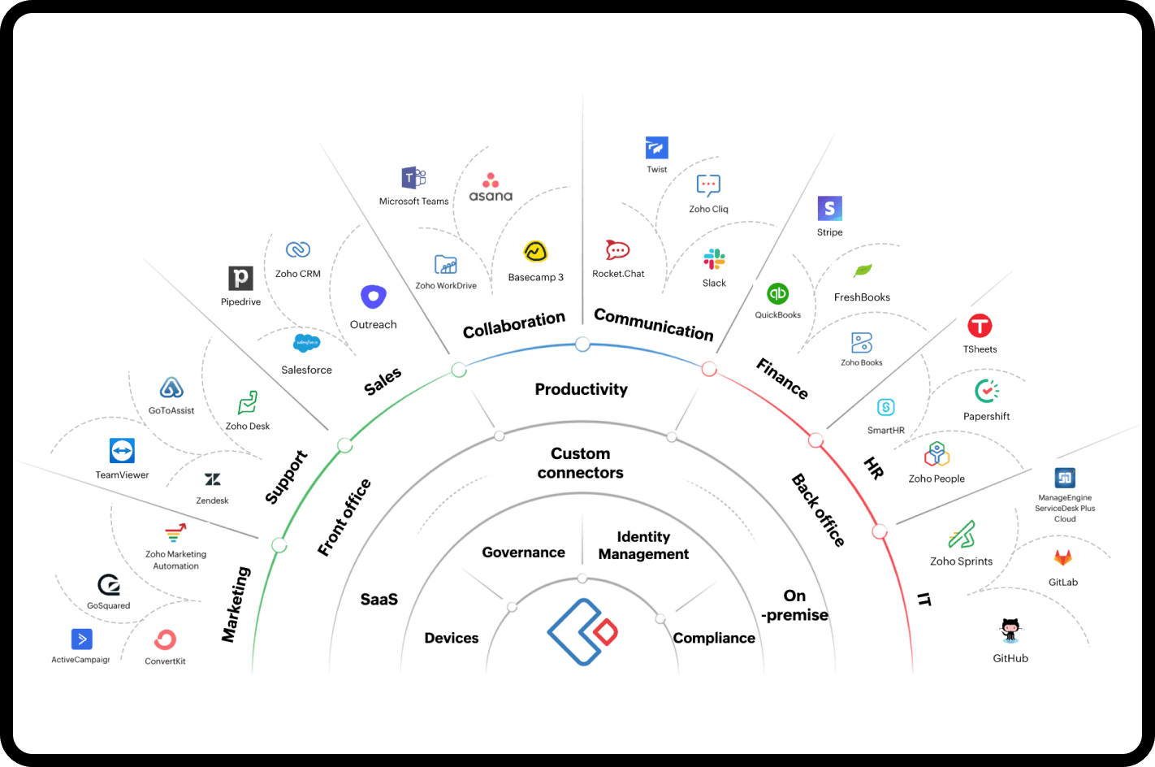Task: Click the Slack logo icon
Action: point(714,260)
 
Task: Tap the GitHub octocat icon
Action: point(1010,630)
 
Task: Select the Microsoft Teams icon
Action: point(413,178)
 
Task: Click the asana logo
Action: point(491,187)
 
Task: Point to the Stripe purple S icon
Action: point(829,209)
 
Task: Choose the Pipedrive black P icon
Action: point(240,279)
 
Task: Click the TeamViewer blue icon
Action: point(122,450)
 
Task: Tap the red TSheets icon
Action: point(980,327)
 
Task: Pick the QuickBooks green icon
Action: point(777,294)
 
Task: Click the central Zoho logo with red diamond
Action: point(582,631)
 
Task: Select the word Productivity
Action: point(581,389)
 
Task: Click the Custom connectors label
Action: point(580,463)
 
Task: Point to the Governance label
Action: point(523,552)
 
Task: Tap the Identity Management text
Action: point(643,545)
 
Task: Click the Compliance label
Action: point(714,638)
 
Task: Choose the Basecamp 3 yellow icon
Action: point(535,252)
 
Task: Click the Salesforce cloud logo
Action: point(306,343)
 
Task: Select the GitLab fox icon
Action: point(1062,557)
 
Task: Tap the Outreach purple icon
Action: point(373,297)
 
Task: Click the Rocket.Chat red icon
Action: point(617,250)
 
